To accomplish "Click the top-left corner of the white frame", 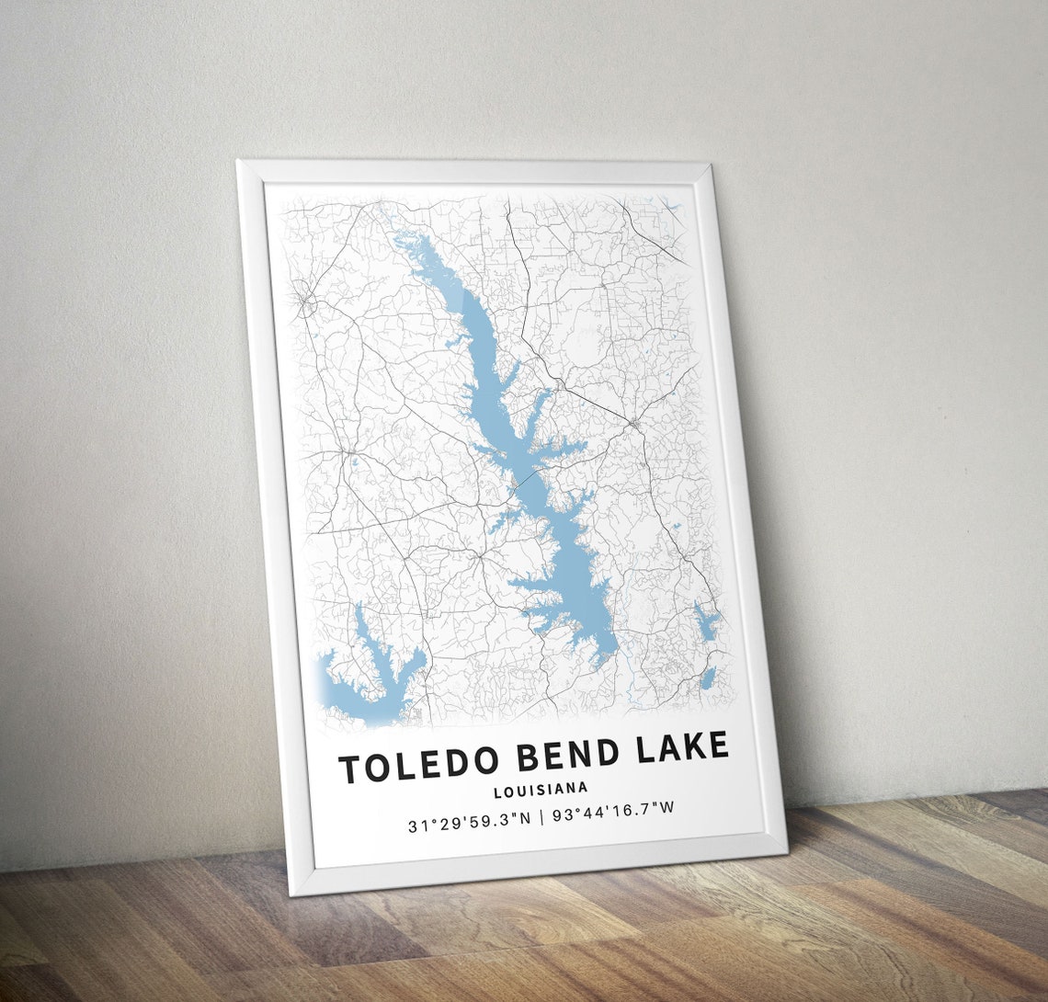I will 237,162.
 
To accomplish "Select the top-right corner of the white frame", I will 709,165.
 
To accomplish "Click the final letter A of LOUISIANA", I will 584,787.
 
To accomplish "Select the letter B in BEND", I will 528,758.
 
